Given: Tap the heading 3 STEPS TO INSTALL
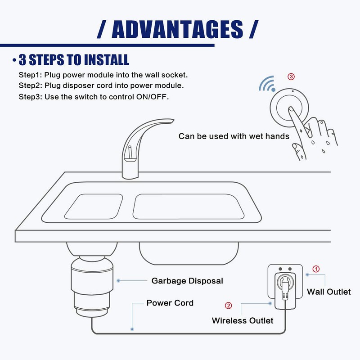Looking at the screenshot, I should pos(73,60).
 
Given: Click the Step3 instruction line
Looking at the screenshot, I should pos(94,96).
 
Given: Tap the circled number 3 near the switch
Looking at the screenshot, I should pos(291,76).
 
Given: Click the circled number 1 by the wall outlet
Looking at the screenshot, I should pos(316,269).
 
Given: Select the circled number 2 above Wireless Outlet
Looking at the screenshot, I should pos(228,306).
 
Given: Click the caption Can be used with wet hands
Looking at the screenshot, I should pos(234,136).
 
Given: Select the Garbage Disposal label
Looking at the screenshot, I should pos(187,281).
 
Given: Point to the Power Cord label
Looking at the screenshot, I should pos(170,303).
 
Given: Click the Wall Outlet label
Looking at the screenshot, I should pos(328,292).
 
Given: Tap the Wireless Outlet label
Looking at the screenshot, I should pos(243,320).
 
